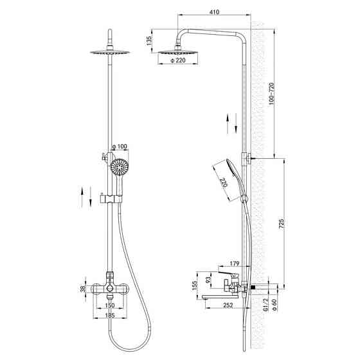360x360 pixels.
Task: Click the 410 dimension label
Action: (x=214, y=12)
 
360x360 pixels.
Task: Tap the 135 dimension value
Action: (x=149, y=41)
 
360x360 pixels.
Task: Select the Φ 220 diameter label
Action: (x=178, y=60)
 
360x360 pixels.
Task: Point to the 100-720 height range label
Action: (x=271, y=94)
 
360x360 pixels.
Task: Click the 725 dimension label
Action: (x=282, y=224)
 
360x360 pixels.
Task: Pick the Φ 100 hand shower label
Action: (x=120, y=147)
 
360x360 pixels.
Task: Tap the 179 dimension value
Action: (x=235, y=264)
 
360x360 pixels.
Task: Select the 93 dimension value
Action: (x=208, y=280)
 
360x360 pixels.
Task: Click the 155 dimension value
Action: (x=195, y=285)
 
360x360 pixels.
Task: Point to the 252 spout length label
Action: (x=228, y=305)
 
